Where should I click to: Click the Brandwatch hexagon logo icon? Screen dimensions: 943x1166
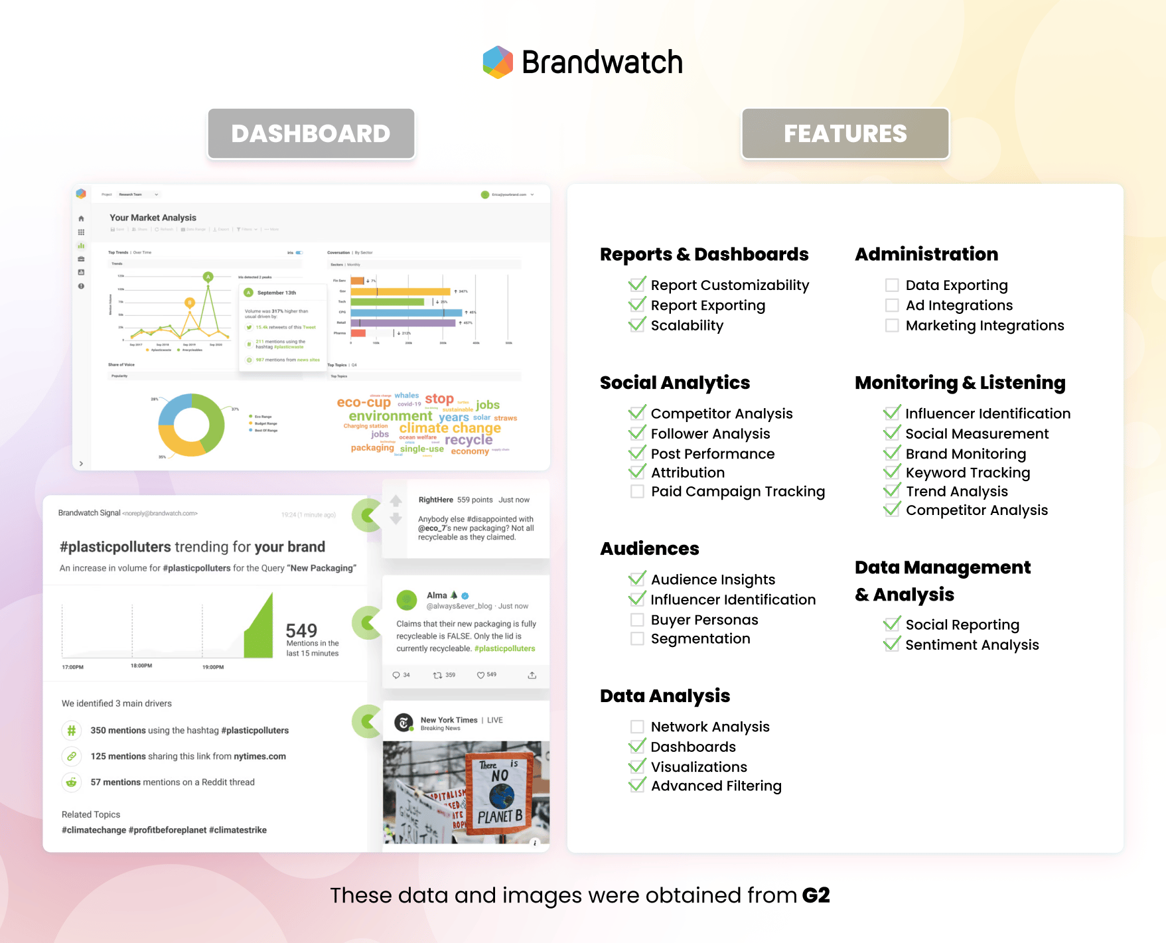(x=498, y=62)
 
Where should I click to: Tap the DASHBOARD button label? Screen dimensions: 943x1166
(x=311, y=134)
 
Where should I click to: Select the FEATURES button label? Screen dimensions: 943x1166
(x=845, y=134)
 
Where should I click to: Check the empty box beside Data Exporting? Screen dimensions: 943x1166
(x=892, y=285)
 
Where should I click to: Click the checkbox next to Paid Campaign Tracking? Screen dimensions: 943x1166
(x=637, y=492)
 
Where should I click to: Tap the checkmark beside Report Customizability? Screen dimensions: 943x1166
(x=637, y=285)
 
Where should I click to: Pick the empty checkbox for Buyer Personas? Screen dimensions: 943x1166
(x=637, y=620)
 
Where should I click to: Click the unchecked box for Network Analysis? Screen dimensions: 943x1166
(x=637, y=727)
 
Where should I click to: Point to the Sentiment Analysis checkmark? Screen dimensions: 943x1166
(x=892, y=644)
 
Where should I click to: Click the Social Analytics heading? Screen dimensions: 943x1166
(x=674, y=383)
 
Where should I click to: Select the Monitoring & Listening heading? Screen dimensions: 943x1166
(x=960, y=383)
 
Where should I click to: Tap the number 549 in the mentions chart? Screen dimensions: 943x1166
(x=301, y=630)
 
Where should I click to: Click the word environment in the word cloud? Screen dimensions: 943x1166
(x=390, y=416)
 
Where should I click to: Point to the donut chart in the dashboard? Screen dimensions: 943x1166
(x=191, y=425)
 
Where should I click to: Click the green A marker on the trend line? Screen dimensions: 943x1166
(x=208, y=277)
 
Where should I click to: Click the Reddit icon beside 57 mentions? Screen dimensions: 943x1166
(x=72, y=782)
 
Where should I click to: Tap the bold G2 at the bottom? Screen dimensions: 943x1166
(x=816, y=895)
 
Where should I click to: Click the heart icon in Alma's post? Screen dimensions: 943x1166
(x=481, y=675)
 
